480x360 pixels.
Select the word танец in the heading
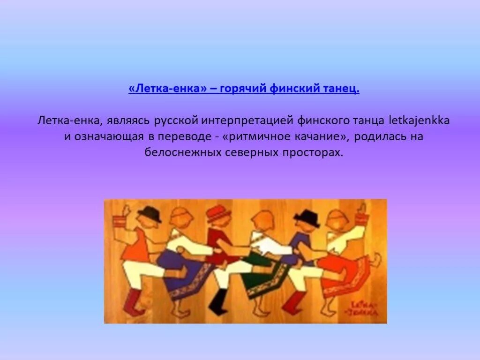(339, 89)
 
